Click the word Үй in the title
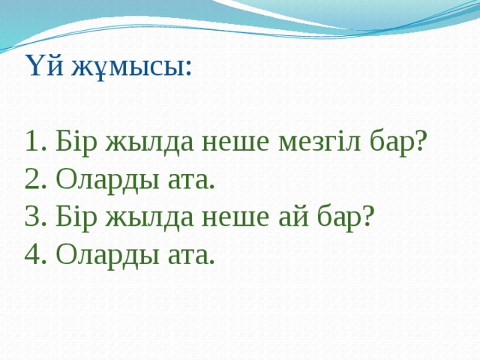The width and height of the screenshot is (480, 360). (44, 66)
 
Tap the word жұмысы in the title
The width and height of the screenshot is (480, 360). (130, 67)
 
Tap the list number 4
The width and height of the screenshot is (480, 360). (31, 255)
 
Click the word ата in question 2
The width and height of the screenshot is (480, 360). (184, 180)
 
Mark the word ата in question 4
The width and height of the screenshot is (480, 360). (184, 256)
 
